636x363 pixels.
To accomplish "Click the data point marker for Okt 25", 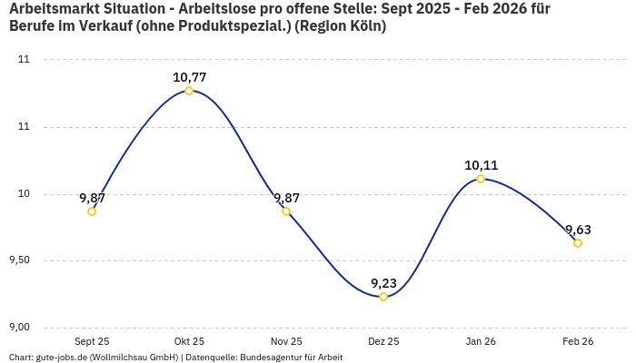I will pos(189,91).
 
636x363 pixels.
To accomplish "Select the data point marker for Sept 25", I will pos(92,211).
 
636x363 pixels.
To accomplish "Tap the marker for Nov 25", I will pos(286,211).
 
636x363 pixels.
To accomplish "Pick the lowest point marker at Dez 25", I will pos(383,297).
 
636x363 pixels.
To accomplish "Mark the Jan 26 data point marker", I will pos(481,179).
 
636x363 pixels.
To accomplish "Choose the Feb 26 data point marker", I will pos(578,243).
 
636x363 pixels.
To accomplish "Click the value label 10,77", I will pos(189,77).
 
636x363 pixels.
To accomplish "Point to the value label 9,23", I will pos(383,283).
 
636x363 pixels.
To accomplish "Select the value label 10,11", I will pos(481,165).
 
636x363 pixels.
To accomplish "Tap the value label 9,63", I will pos(578,230).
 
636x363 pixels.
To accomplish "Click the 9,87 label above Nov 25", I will pos(286,198).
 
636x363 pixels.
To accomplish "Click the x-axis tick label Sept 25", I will pos(92,341).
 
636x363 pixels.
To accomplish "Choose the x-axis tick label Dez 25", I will pos(383,341).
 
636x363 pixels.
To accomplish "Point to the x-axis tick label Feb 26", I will pos(578,341).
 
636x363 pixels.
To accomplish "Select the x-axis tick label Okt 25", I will pos(189,341).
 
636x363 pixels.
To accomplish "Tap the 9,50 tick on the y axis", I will pos(20,260).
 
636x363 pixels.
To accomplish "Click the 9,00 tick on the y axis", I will pos(20,328).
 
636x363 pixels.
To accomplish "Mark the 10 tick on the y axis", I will pos(25,193).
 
